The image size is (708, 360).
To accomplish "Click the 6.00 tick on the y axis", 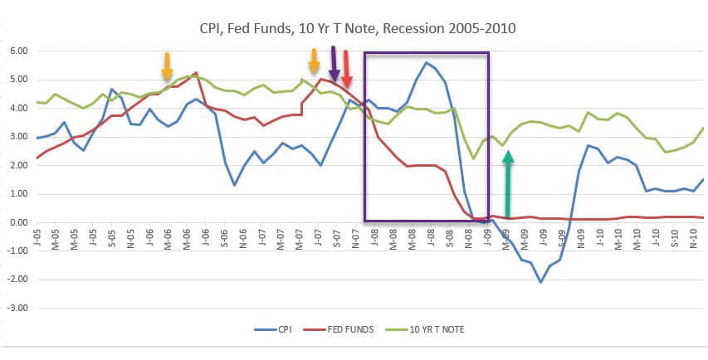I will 17,51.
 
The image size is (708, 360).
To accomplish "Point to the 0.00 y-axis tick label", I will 17,222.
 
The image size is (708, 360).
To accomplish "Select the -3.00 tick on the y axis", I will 17,308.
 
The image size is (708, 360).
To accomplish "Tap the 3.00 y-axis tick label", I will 17,137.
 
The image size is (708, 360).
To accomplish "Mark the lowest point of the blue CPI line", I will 540,282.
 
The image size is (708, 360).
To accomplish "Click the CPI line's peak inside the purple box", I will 426,62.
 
